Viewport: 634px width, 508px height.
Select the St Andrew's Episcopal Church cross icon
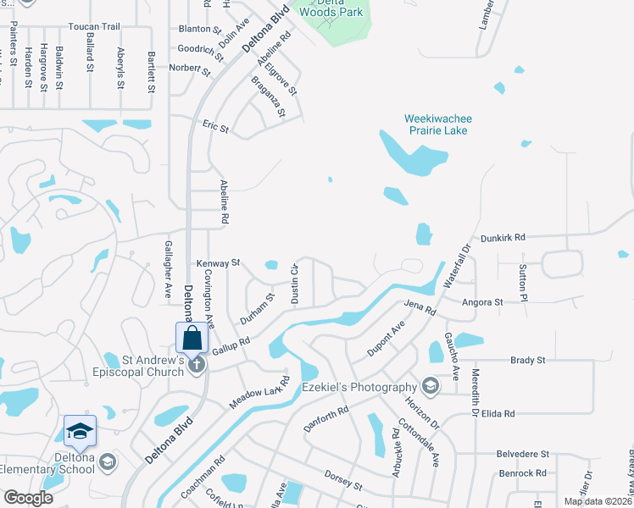point(196,365)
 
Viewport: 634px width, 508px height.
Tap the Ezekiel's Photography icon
point(431,387)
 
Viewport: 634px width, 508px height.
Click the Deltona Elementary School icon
point(107,461)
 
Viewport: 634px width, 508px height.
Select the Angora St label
point(482,301)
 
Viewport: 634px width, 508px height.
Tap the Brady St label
point(527,360)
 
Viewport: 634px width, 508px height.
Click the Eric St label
point(215,127)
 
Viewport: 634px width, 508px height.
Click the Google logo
point(28,498)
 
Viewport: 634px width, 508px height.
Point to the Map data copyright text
point(597,501)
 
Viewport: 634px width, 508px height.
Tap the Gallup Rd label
point(231,346)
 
